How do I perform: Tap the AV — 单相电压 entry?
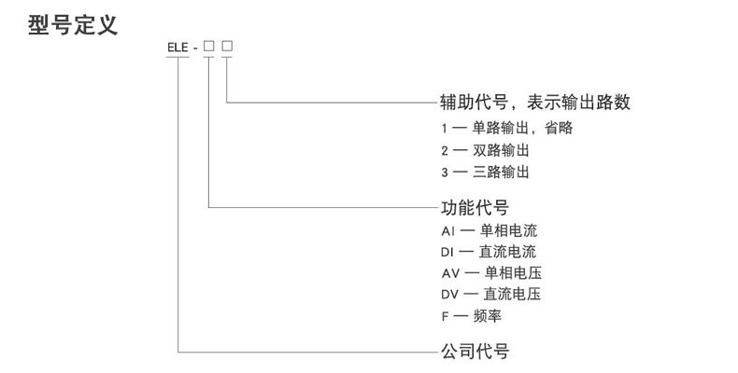(x=490, y=273)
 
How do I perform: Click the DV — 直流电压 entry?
(x=490, y=295)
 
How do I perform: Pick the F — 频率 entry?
(x=475, y=317)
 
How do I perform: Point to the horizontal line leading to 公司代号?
(x=308, y=352)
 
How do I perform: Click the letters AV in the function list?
(x=451, y=273)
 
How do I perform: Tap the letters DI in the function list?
(x=447, y=251)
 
